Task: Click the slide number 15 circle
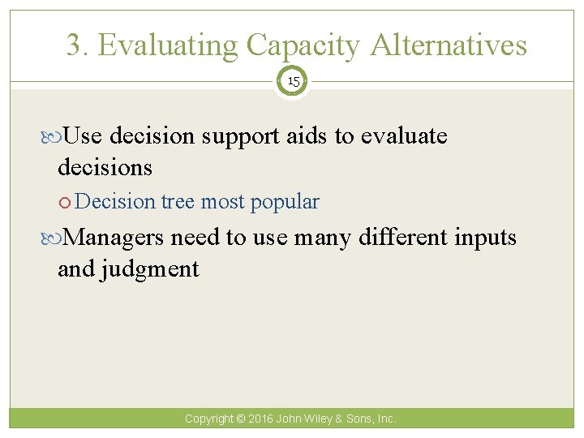click(x=292, y=82)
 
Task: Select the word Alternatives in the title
click(x=449, y=45)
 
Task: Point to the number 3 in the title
click(x=75, y=45)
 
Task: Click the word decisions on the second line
click(x=105, y=167)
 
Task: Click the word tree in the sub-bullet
click(x=178, y=201)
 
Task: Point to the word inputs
click(x=484, y=238)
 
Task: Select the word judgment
click(x=149, y=268)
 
